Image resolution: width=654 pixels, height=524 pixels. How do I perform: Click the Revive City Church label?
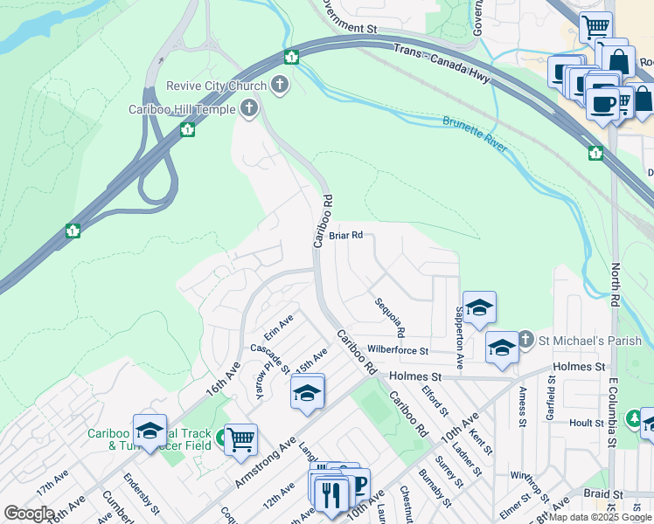pos(217,86)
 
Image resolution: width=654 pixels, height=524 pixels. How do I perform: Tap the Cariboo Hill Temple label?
pos(181,109)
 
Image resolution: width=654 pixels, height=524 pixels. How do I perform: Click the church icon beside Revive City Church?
pos(280,85)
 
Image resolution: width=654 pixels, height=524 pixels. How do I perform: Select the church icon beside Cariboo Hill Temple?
pos(249,109)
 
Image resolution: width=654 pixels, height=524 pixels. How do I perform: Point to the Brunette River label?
pos(475,134)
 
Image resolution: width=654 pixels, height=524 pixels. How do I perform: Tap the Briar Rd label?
pos(345,236)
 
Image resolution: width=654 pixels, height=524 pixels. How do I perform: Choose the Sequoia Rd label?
pos(390,318)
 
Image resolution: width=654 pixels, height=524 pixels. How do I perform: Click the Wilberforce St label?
pos(398,350)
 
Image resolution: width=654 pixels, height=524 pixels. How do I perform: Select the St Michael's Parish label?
pos(591,340)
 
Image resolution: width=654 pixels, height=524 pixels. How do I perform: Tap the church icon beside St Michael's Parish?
pos(525,339)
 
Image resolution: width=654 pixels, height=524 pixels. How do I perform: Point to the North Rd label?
pos(616,280)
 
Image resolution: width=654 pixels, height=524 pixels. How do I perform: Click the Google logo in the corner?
pos(29,514)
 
